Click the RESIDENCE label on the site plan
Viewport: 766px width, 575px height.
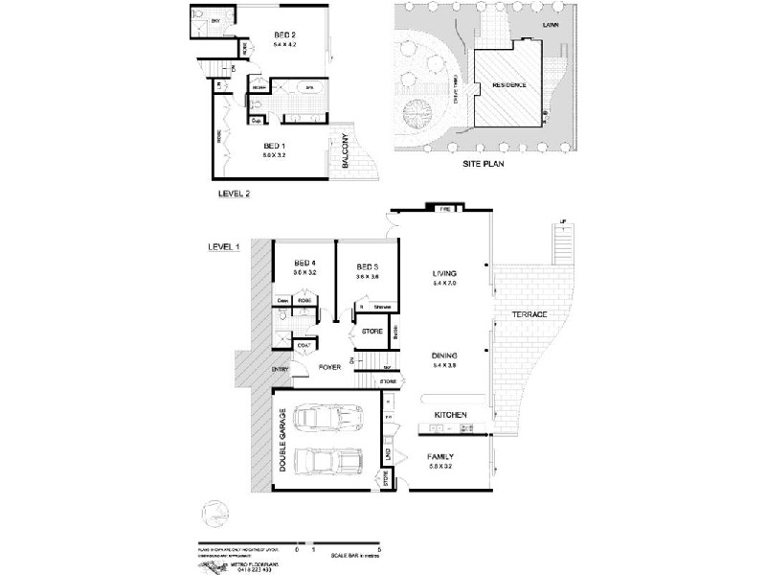tap(508, 84)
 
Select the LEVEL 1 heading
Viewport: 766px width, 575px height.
tap(223, 246)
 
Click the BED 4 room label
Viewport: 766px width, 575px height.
tap(304, 264)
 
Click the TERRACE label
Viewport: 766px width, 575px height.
tap(529, 314)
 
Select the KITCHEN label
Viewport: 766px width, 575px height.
tap(450, 414)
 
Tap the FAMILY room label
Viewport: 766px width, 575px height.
tap(446, 456)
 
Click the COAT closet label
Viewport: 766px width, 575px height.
tap(303, 345)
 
